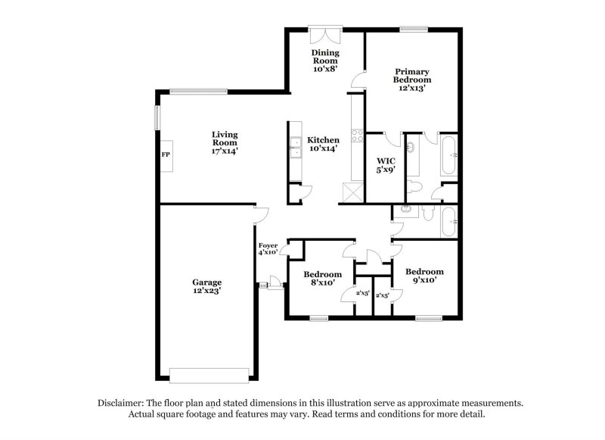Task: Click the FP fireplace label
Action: pyautogui.click(x=164, y=154)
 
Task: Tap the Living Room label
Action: pyautogui.click(x=225, y=142)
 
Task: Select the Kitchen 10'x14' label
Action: pyautogui.click(x=323, y=144)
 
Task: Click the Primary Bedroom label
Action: pyautogui.click(x=412, y=79)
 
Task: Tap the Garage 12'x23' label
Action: pyautogui.click(x=206, y=286)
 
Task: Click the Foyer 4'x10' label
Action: pyautogui.click(x=268, y=249)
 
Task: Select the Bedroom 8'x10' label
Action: pyautogui.click(x=322, y=279)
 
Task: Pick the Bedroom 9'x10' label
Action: pyautogui.click(x=424, y=276)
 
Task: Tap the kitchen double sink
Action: pyautogui.click(x=293, y=148)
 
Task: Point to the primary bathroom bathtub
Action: pyautogui.click(x=449, y=156)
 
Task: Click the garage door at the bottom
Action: pyautogui.click(x=209, y=375)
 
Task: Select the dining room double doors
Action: pyautogui.click(x=326, y=36)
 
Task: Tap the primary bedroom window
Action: pyautogui.click(x=413, y=30)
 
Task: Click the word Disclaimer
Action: pyautogui.click(x=125, y=403)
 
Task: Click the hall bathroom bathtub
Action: pyautogui.click(x=449, y=222)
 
